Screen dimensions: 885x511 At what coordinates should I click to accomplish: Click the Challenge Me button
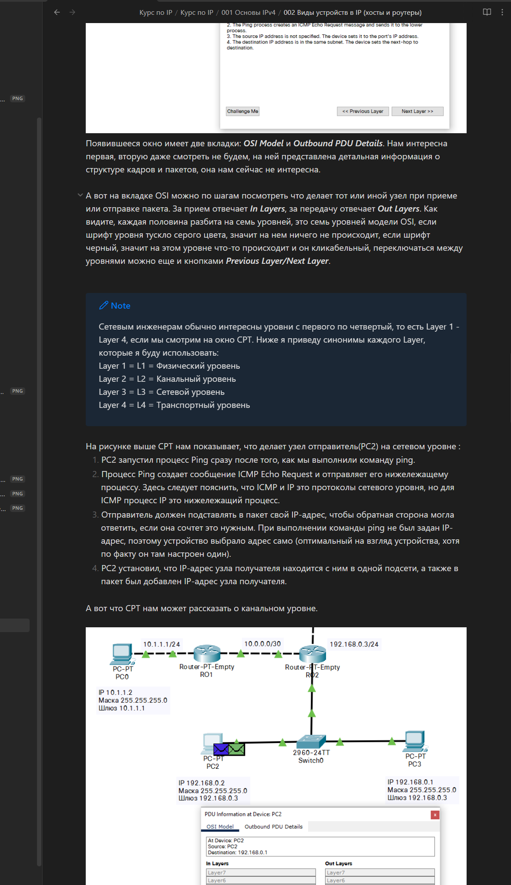click(x=242, y=111)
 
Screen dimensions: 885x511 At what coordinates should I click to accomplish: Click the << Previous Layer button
click(x=363, y=111)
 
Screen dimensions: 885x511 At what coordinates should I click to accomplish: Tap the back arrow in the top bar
click(x=57, y=12)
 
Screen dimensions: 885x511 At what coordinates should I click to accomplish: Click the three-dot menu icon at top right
click(x=502, y=12)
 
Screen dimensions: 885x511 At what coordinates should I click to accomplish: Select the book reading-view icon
click(x=487, y=12)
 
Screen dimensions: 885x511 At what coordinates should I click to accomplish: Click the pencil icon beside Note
click(x=104, y=306)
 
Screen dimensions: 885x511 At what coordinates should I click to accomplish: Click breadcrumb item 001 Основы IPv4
click(x=248, y=13)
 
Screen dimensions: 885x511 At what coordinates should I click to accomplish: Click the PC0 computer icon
click(x=122, y=653)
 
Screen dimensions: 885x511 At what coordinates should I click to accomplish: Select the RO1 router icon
click(x=207, y=653)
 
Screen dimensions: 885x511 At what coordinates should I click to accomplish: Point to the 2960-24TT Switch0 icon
click(x=311, y=742)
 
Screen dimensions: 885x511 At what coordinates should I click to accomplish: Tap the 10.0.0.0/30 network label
click(x=262, y=644)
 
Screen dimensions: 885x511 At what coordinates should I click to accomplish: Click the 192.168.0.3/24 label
click(x=354, y=644)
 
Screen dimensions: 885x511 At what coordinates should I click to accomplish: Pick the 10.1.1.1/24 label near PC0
click(x=161, y=644)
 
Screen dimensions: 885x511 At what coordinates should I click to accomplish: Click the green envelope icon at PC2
click(x=236, y=749)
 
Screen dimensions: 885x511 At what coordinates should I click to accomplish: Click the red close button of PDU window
click(x=435, y=815)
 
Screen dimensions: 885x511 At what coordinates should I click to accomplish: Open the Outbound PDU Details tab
click(x=273, y=827)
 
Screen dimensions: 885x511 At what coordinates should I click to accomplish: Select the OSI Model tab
click(x=220, y=827)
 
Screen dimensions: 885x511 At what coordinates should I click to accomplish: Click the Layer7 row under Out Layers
click(x=380, y=872)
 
